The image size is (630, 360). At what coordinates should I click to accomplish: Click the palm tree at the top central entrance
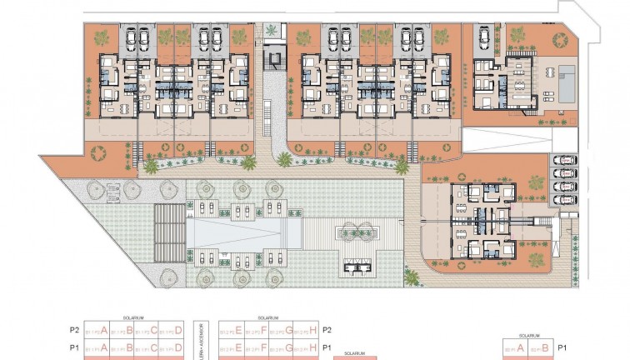(272, 32)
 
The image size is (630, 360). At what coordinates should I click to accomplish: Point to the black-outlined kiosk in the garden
(359, 266)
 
